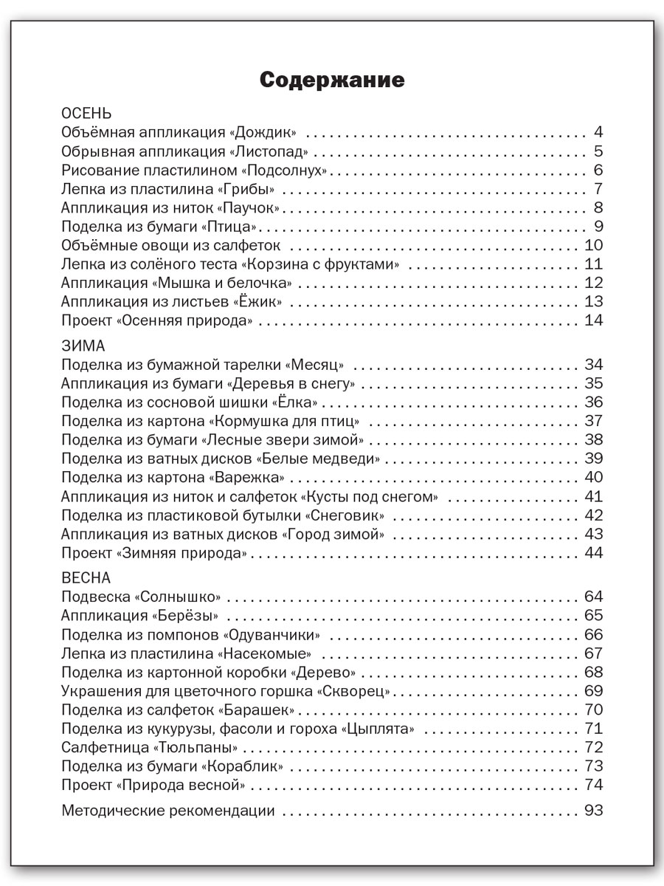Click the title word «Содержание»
click(x=332, y=80)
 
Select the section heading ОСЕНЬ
click(x=87, y=114)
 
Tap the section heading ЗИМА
click(x=83, y=346)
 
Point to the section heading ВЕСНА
click(x=86, y=577)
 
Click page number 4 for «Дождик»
click(x=598, y=133)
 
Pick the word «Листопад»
click(x=270, y=152)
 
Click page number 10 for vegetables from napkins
click(x=594, y=246)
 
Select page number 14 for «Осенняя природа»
click(x=594, y=320)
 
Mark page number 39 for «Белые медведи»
click(x=594, y=459)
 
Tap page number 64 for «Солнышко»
click(x=594, y=597)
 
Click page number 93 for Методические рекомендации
click(x=594, y=811)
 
